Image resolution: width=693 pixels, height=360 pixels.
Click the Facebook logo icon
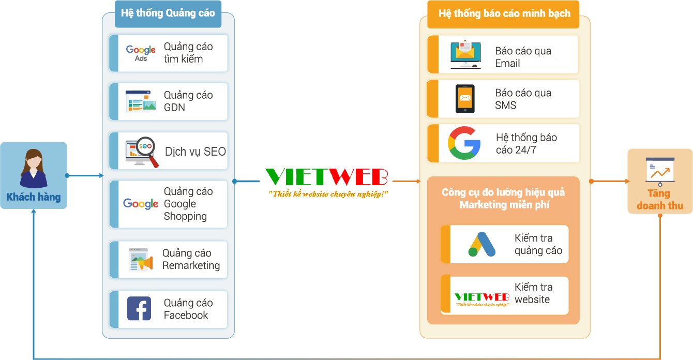(x=139, y=308)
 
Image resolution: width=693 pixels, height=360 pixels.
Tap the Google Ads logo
(x=141, y=53)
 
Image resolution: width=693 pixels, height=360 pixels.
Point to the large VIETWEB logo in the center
(x=326, y=177)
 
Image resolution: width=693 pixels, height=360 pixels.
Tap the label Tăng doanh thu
(x=660, y=200)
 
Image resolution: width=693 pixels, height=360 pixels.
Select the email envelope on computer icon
(x=465, y=54)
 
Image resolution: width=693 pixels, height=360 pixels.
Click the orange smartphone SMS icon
(x=465, y=98)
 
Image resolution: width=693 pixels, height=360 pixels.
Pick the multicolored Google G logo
(x=464, y=143)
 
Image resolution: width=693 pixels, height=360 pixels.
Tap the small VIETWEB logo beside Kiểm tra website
(x=482, y=299)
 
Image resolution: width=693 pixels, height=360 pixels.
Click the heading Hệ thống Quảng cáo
(x=168, y=13)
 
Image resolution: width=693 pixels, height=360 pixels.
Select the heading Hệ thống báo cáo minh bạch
(x=504, y=13)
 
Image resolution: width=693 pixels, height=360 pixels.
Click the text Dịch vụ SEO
(x=195, y=152)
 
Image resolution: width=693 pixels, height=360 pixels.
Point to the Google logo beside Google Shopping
(x=141, y=204)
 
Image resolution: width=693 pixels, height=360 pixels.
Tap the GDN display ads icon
(x=141, y=101)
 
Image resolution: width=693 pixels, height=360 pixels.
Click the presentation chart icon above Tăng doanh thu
(x=660, y=171)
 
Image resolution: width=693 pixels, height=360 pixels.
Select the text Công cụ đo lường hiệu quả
(x=503, y=192)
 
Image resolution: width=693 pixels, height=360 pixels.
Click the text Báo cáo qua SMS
(x=523, y=99)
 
